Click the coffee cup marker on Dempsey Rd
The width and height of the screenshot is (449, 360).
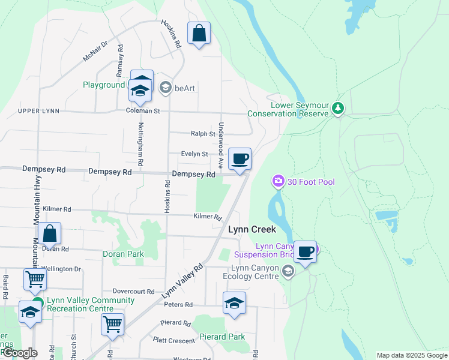[240, 160]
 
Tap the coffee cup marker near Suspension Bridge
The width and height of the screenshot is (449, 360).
[305, 252]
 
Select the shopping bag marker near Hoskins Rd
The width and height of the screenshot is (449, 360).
[199, 34]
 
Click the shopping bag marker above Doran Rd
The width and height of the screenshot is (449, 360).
[50, 235]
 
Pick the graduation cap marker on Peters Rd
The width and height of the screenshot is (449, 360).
[234, 304]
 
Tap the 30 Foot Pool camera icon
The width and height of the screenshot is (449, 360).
[278, 181]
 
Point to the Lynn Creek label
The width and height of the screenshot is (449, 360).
[252, 229]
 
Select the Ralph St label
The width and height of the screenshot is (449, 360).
[203, 134]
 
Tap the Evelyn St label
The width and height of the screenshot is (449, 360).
[194, 154]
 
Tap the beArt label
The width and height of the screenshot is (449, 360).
[185, 89]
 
